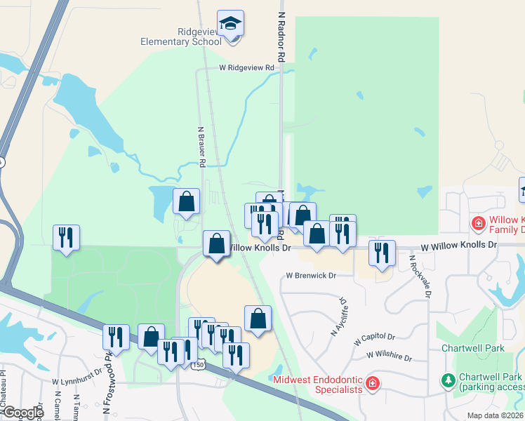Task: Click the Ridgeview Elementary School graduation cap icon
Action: (x=230, y=24)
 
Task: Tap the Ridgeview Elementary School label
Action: (x=181, y=36)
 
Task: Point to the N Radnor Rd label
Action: (x=281, y=35)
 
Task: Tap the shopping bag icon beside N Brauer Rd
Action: (x=187, y=203)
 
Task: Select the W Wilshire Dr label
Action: (x=388, y=356)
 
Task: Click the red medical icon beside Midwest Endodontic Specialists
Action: (x=372, y=384)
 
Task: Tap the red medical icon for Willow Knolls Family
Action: (x=478, y=224)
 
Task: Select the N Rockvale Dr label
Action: (x=419, y=276)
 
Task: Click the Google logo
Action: (x=22, y=413)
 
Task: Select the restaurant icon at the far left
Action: (x=66, y=238)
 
